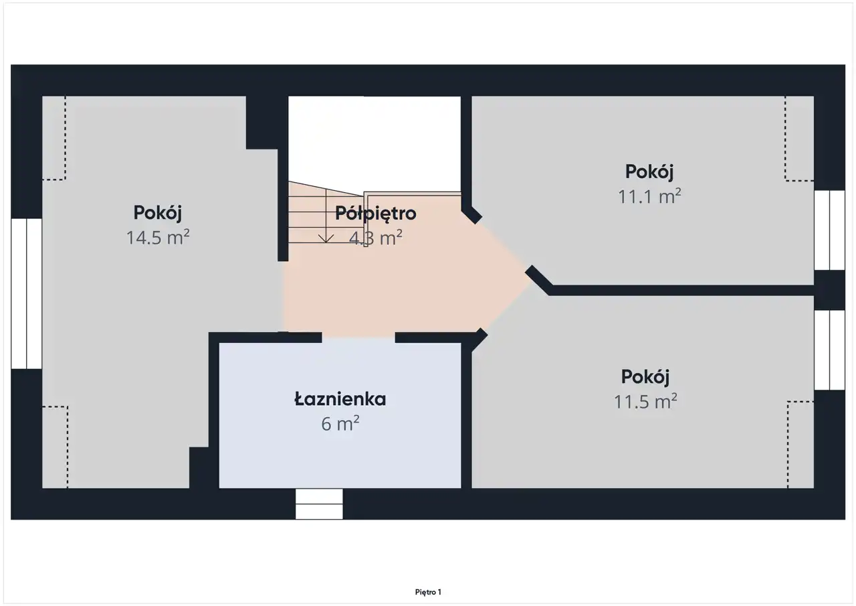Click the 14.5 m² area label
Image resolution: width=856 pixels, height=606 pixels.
point(158,237)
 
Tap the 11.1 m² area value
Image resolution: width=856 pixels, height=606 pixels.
point(649,196)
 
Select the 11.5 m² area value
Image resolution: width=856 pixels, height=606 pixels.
point(645,401)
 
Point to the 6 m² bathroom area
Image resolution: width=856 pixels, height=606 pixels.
point(340,423)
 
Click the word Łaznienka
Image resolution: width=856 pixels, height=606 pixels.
point(340,399)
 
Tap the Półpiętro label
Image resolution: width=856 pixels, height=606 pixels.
point(376,214)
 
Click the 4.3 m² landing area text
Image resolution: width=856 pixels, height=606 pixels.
point(376,238)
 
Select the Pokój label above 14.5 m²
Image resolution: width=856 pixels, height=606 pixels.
point(157,213)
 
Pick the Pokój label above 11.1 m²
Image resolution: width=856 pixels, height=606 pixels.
point(649,172)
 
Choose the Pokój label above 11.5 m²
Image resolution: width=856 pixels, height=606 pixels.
point(645,377)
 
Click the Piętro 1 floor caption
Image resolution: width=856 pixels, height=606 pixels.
point(428,592)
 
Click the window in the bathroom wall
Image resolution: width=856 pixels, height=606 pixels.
point(319,504)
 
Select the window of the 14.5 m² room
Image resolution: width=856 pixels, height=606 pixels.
point(26,293)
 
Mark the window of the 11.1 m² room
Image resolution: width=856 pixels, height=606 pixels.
point(829,230)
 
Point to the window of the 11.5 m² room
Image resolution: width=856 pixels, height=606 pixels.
point(829,350)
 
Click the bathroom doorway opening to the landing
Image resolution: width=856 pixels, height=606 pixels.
point(358,337)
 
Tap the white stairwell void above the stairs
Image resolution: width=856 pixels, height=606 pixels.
point(374,143)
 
